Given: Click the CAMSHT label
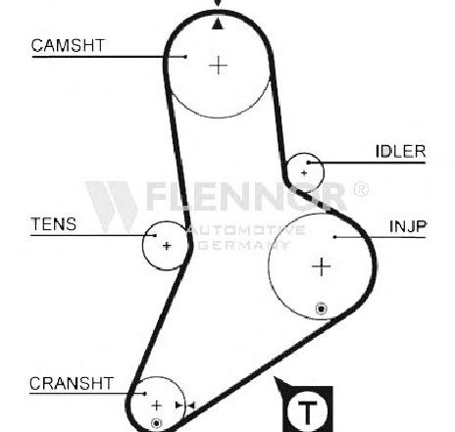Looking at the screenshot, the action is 68,45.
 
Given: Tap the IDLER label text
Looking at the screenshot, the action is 400,152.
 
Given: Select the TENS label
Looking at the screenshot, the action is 54,224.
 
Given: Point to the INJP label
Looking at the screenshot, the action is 408,226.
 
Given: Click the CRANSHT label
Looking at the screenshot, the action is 72,383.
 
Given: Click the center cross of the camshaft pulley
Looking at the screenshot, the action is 218,66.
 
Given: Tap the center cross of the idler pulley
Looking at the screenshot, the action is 304,172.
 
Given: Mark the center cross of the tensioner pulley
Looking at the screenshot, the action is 167,246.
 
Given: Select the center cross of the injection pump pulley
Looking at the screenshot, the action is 322,266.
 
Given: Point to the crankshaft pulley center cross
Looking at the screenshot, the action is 157,406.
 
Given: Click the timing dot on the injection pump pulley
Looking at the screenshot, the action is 322,309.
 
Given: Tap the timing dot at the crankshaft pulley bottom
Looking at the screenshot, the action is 157,423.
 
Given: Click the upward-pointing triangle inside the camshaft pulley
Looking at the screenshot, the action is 218,24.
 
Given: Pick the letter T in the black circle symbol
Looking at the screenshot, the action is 308,411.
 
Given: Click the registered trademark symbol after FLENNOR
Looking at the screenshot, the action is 361,189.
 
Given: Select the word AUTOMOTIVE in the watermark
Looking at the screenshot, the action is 247,230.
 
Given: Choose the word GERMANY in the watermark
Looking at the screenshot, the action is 244,245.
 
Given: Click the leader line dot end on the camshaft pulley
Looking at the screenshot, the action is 185,57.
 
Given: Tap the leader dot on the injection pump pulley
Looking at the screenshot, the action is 334,237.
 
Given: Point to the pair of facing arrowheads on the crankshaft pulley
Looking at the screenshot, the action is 185,406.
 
